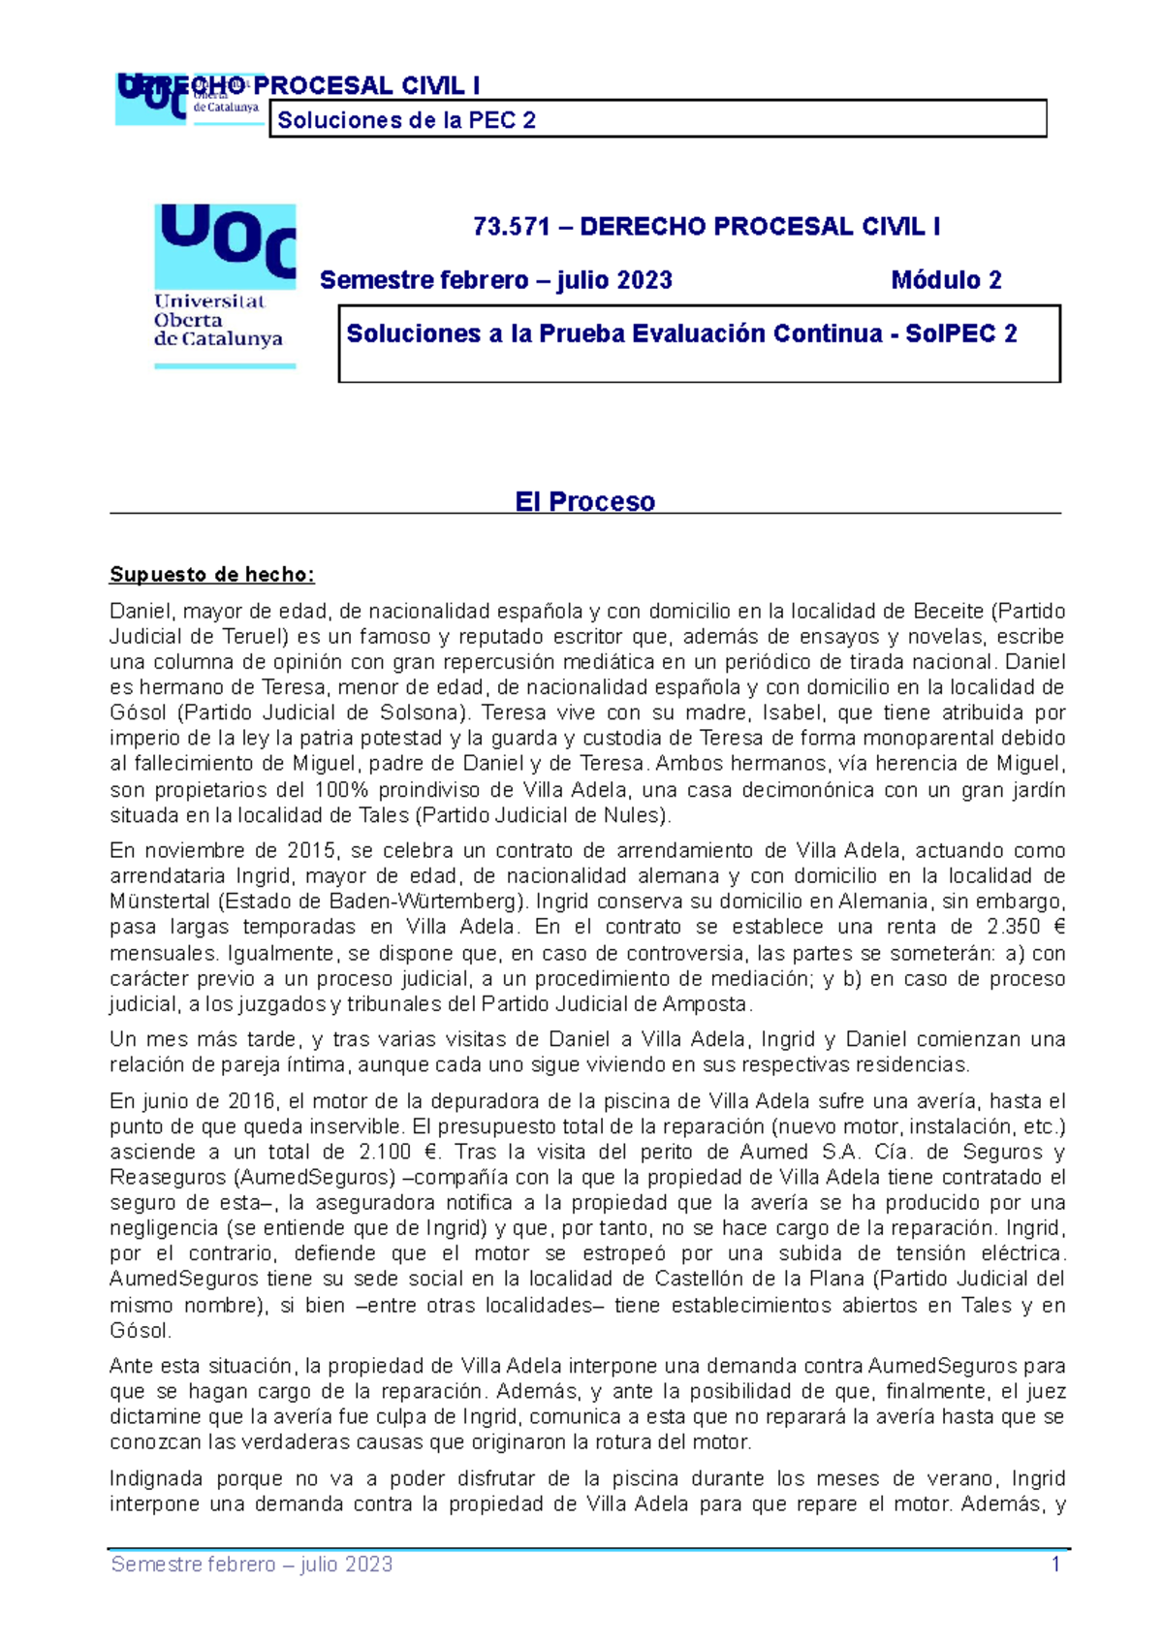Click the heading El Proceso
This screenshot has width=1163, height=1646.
(584, 501)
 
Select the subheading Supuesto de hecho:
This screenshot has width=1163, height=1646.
(211, 574)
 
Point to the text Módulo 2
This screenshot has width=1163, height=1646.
(946, 280)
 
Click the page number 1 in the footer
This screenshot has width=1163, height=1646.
(1055, 1564)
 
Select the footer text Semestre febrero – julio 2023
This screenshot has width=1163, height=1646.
(252, 1564)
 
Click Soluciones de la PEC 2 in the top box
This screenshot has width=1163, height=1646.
(406, 120)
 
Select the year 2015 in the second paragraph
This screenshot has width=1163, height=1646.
(311, 850)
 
